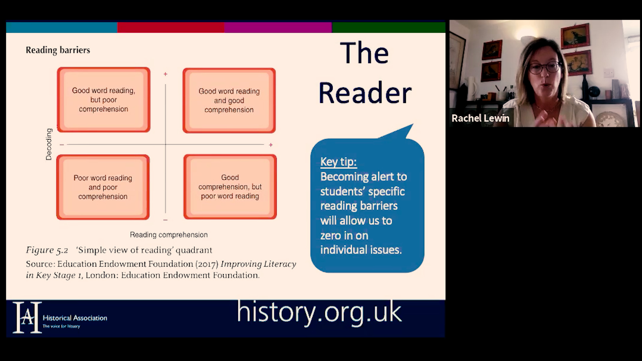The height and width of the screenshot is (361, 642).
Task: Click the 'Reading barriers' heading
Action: [x=58, y=50]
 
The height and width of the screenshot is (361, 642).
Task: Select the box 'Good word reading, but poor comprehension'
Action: [x=104, y=100]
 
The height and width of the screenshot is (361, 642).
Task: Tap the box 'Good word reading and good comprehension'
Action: [x=229, y=100]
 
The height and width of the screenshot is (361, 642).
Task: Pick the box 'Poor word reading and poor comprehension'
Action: [x=103, y=187]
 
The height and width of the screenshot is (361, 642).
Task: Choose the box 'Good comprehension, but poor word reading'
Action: [x=230, y=187]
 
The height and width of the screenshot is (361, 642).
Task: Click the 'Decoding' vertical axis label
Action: [x=49, y=144]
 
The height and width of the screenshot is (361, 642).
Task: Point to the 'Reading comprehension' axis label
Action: [x=169, y=235]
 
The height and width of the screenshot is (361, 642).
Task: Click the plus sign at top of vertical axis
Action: [x=165, y=74]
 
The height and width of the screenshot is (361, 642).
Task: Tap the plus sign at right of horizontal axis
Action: [x=271, y=145]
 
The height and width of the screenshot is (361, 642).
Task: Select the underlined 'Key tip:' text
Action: [x=338, y=162]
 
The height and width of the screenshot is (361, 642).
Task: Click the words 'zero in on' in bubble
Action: [x=344, y=235]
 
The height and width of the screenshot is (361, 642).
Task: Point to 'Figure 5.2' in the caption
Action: [x=47, y=250]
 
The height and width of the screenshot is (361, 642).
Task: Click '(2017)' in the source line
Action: [x=207, y=264]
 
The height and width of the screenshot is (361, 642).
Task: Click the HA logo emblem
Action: [x=27, y=318]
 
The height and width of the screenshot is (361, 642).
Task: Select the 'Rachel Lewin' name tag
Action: [x=480, y=118]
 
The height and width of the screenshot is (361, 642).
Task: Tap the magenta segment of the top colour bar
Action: [x=278, y=27]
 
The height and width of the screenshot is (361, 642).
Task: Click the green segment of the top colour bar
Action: [x=389, y=27]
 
